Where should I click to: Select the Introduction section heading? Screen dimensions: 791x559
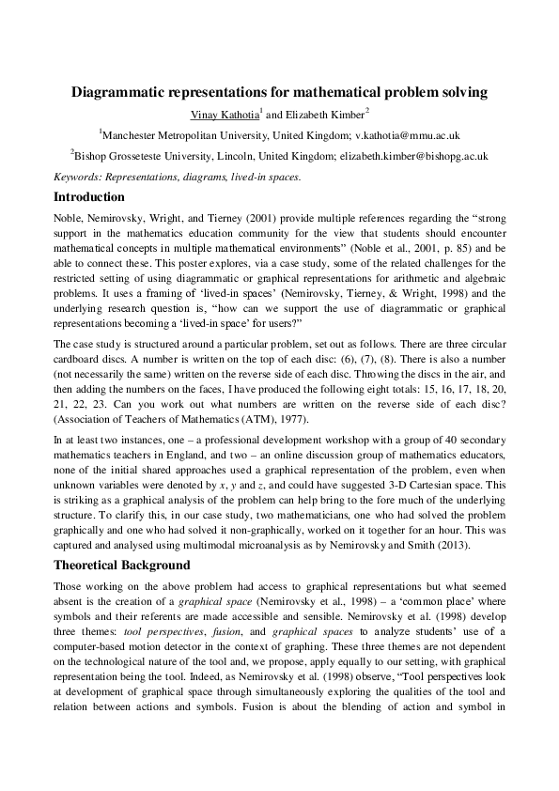point(89,197)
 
